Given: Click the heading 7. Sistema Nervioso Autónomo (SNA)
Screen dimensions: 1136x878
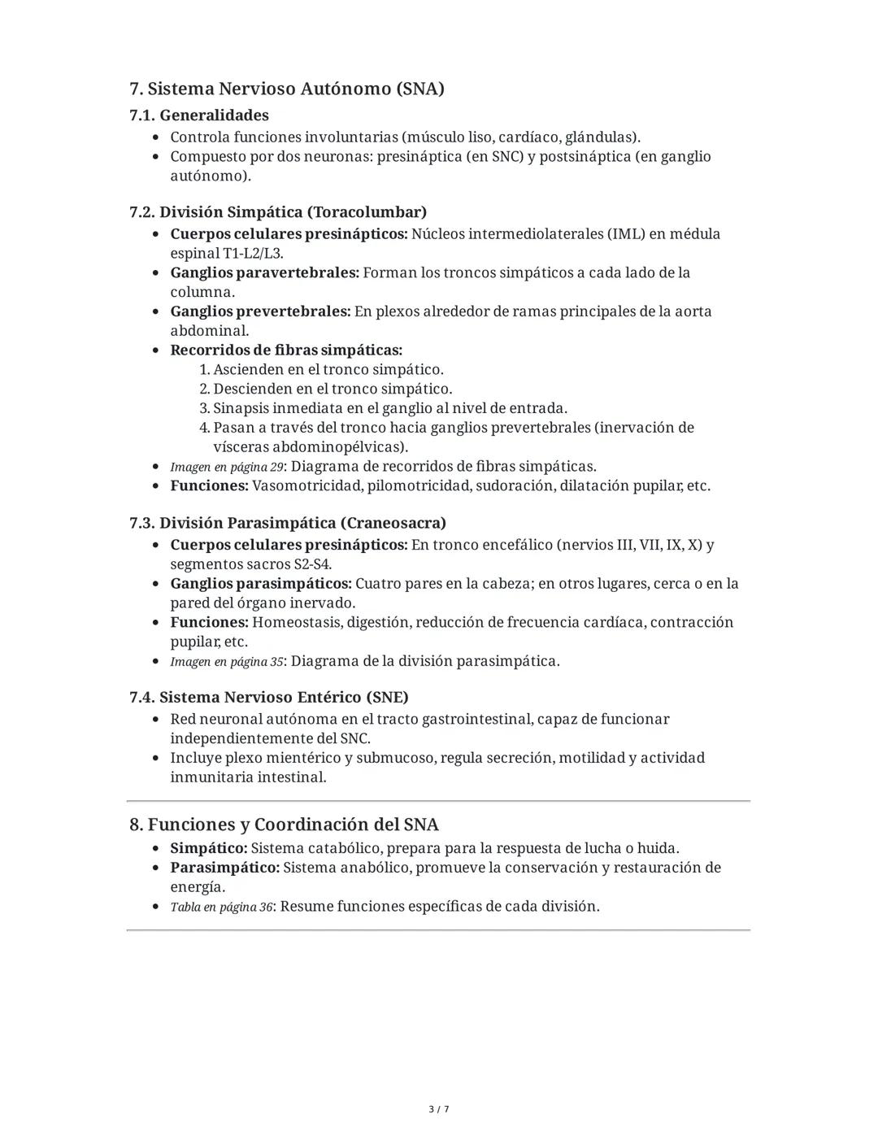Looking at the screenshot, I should [x=286, y=89].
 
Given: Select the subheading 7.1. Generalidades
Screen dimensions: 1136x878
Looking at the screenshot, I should [x=198, y=115].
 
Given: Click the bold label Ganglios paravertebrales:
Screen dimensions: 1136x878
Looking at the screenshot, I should [x=264, y=273].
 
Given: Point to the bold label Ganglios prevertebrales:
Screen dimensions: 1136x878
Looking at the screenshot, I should [x=260, y=311].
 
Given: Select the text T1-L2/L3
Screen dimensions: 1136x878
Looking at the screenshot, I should [x=252, y=254].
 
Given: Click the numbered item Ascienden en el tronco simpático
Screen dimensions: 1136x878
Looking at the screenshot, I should [x=328, y=370].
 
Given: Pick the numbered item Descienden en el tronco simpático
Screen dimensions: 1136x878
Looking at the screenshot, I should [x=332, y=390].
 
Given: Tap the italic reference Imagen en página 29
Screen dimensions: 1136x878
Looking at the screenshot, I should [x=226, y=468].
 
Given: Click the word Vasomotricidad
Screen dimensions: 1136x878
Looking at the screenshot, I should [x=307, y=486].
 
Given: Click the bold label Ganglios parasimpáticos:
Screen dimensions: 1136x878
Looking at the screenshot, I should [x=261, y=584].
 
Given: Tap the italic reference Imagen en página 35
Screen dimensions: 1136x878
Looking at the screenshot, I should [x=226, y=662].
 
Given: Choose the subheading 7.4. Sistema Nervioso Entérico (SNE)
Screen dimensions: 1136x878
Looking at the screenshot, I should [x=268, y=698].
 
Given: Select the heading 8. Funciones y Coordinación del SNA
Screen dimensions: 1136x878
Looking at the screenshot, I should [x=284, y=825].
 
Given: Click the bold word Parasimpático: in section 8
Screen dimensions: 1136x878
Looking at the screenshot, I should [x=224, y=868].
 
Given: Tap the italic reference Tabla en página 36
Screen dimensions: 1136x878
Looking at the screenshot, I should [x=221, y=907].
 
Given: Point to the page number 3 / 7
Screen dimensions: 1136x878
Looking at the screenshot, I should [x=438, y=1109].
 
